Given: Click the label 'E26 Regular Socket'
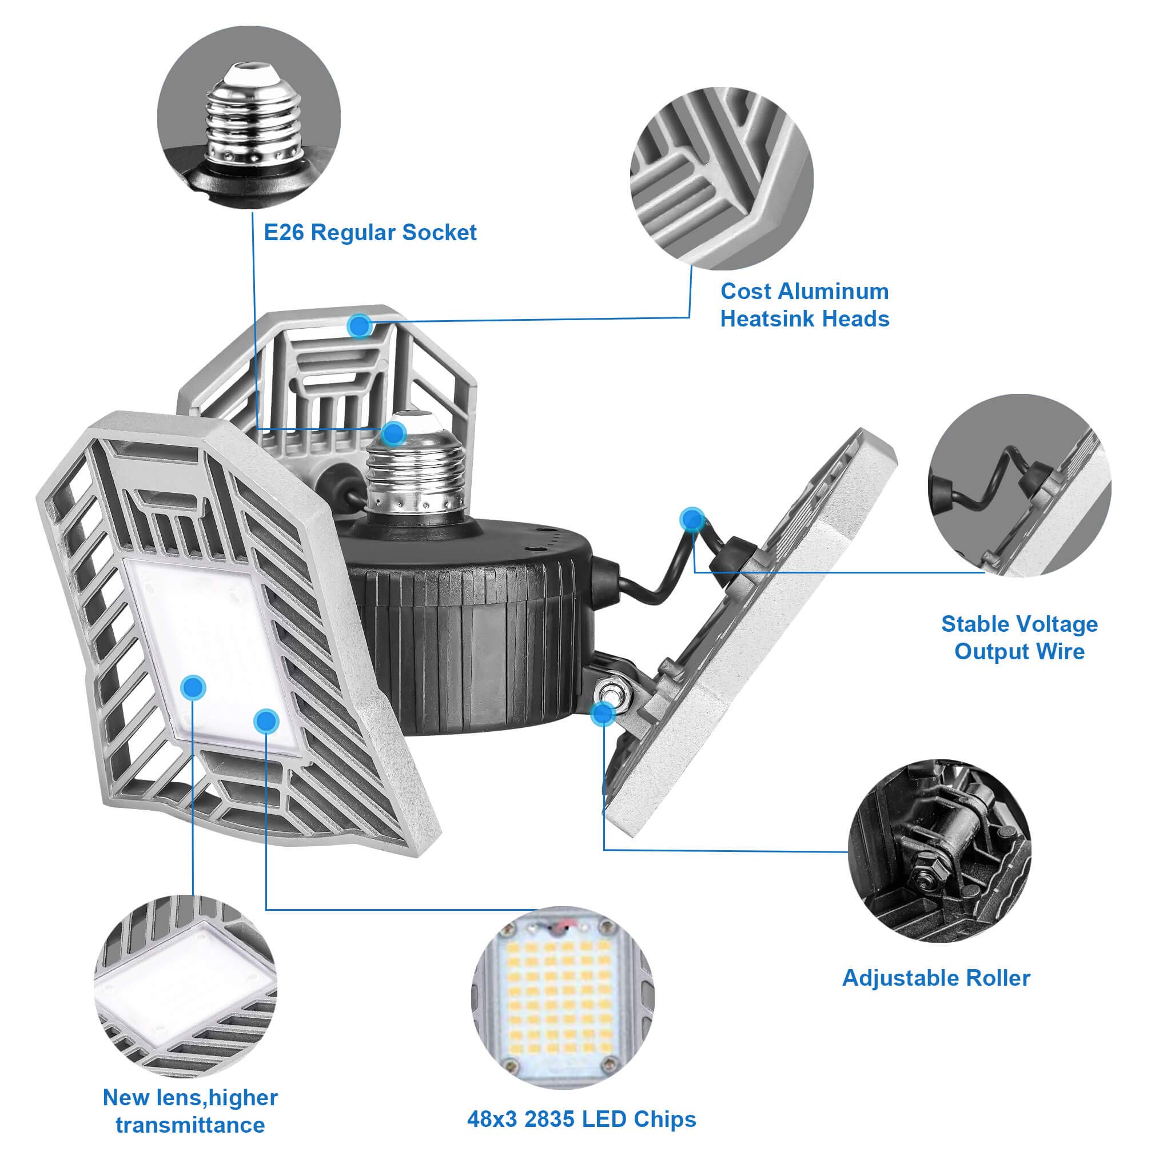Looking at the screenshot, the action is (370, 233).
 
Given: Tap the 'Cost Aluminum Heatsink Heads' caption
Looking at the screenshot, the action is (804, 305).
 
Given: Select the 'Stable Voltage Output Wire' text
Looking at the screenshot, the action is (1019, 638).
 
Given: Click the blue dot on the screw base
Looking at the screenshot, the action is (394, 433).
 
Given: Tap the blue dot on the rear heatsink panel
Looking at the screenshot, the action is (360, 326).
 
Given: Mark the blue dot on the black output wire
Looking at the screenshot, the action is (692, 519).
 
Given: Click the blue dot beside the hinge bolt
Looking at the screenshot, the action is (603, 714).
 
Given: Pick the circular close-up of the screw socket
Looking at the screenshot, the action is (249, 117).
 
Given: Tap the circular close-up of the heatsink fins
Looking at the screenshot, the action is (722, 178).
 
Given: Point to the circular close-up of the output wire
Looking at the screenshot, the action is (1019, 485).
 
